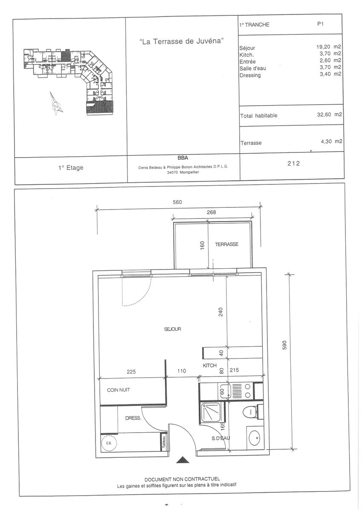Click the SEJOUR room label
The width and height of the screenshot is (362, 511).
[172, 329]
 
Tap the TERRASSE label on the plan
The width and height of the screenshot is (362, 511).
[226, 244]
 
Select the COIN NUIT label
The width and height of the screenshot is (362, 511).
[118, 390]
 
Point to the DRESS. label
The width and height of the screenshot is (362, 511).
[133, 418]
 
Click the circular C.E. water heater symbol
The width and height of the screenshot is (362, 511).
[109, 443]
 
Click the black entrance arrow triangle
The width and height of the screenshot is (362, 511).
[183, 459]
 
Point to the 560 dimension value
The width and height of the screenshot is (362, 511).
[177, 202]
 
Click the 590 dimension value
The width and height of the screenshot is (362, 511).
[284, 345]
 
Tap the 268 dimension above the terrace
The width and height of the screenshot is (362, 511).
[211, 212]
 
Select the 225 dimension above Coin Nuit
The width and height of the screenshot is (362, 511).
[131, 372]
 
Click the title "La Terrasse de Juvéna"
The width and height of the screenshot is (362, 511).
[181, 41]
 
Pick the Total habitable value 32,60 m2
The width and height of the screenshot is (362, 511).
[329, 114]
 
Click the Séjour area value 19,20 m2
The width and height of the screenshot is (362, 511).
[329, 47]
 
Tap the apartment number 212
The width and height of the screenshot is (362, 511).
[293, 164]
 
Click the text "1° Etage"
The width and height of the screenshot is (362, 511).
[71, 168]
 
